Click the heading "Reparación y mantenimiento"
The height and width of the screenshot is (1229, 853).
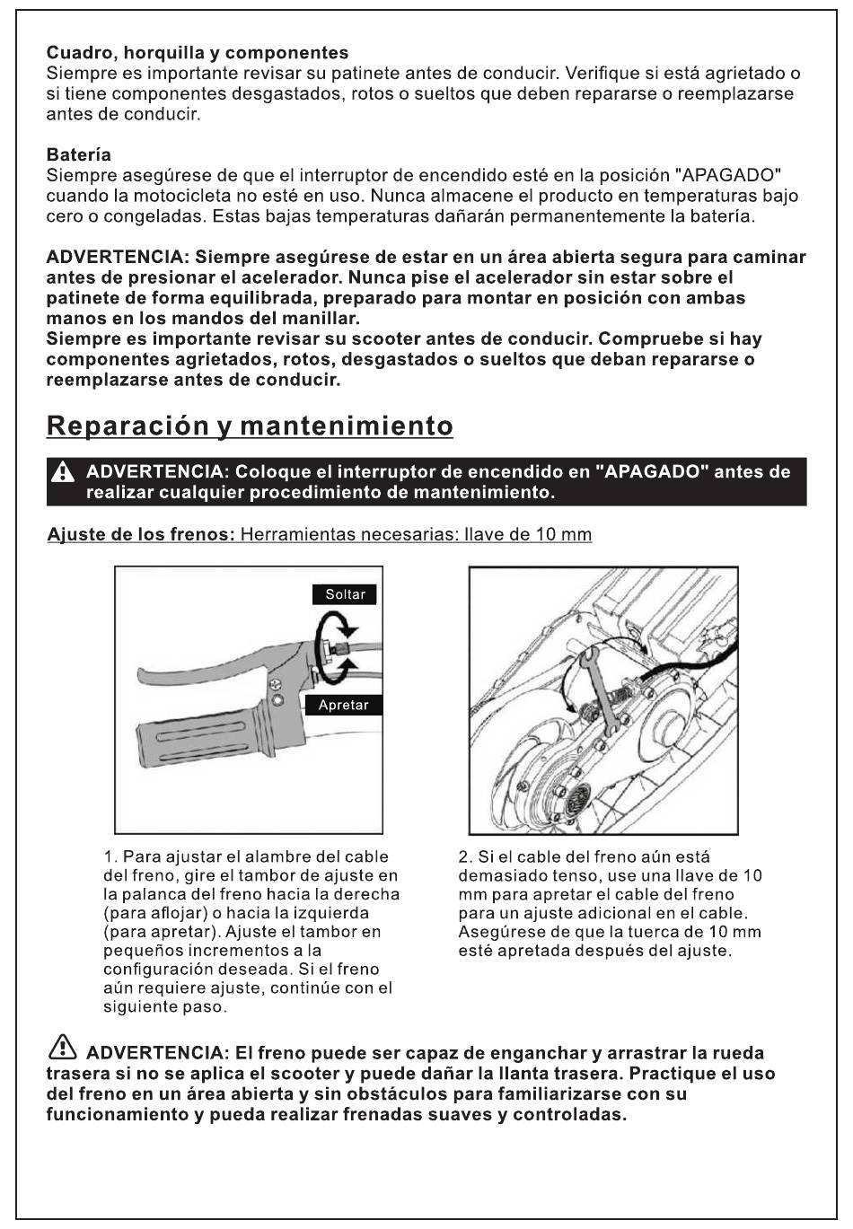250,426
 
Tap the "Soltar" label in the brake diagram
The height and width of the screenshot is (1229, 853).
346,594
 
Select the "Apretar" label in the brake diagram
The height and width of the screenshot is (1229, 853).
344,705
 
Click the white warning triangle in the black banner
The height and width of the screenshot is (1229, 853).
63,472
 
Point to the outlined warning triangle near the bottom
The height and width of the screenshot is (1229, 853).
62,1046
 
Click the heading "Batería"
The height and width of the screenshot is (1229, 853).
78,154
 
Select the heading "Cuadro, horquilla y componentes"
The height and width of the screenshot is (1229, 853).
198,53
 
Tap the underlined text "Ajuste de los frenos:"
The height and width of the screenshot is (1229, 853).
141,534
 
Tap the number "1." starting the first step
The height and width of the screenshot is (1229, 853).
110,857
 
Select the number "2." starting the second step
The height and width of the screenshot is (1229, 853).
466,857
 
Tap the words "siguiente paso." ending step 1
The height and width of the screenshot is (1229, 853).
165,1007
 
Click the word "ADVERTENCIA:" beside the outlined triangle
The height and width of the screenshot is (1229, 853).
156,1053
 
